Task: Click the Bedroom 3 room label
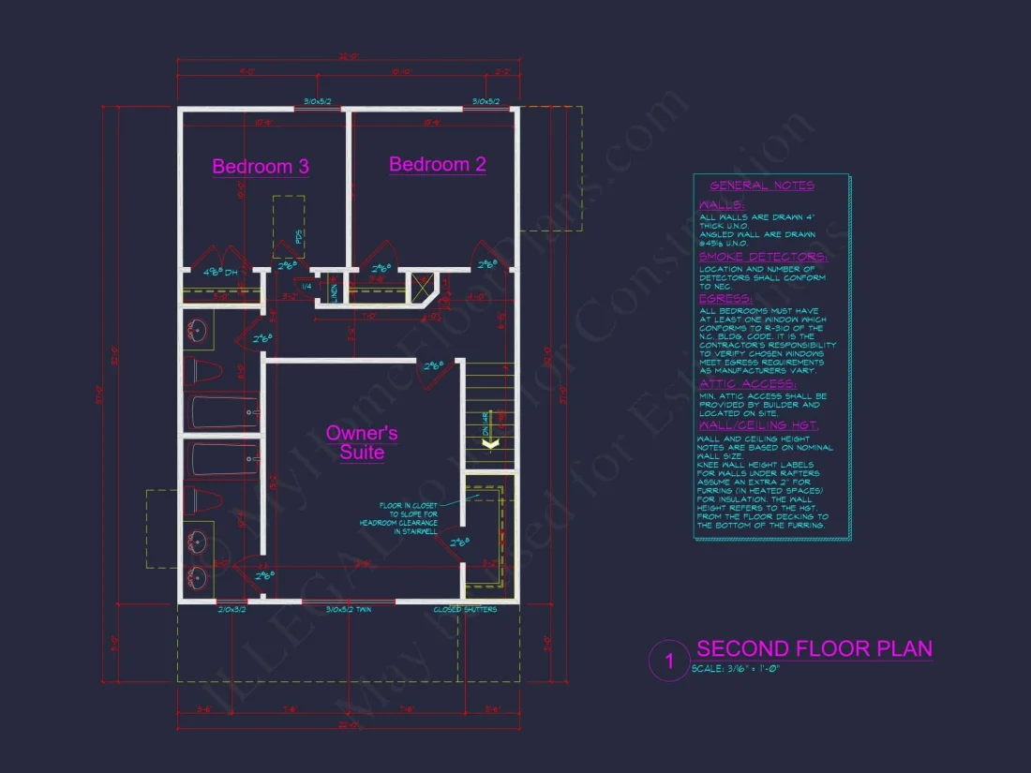coord(261,166)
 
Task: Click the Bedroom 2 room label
coord(438,164)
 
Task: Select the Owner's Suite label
coord(362,442)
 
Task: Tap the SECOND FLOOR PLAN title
coord(814,648)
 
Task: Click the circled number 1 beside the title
coord(669,661)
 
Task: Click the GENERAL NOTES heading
coord(762,186)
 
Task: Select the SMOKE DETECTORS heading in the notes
coord(762,256)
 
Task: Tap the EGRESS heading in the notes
coord(725,298)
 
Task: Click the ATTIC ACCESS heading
coord(747,383)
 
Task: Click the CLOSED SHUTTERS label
coord(465,610)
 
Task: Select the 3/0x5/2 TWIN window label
coord(350,610)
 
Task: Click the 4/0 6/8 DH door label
coord(222,272)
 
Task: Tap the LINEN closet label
coord(335,292)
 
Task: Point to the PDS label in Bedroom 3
coord(300,237)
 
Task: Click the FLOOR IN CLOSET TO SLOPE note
coord(400,518)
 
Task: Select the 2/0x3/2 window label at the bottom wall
coord(232,610)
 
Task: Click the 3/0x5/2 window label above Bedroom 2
coord(486,101)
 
